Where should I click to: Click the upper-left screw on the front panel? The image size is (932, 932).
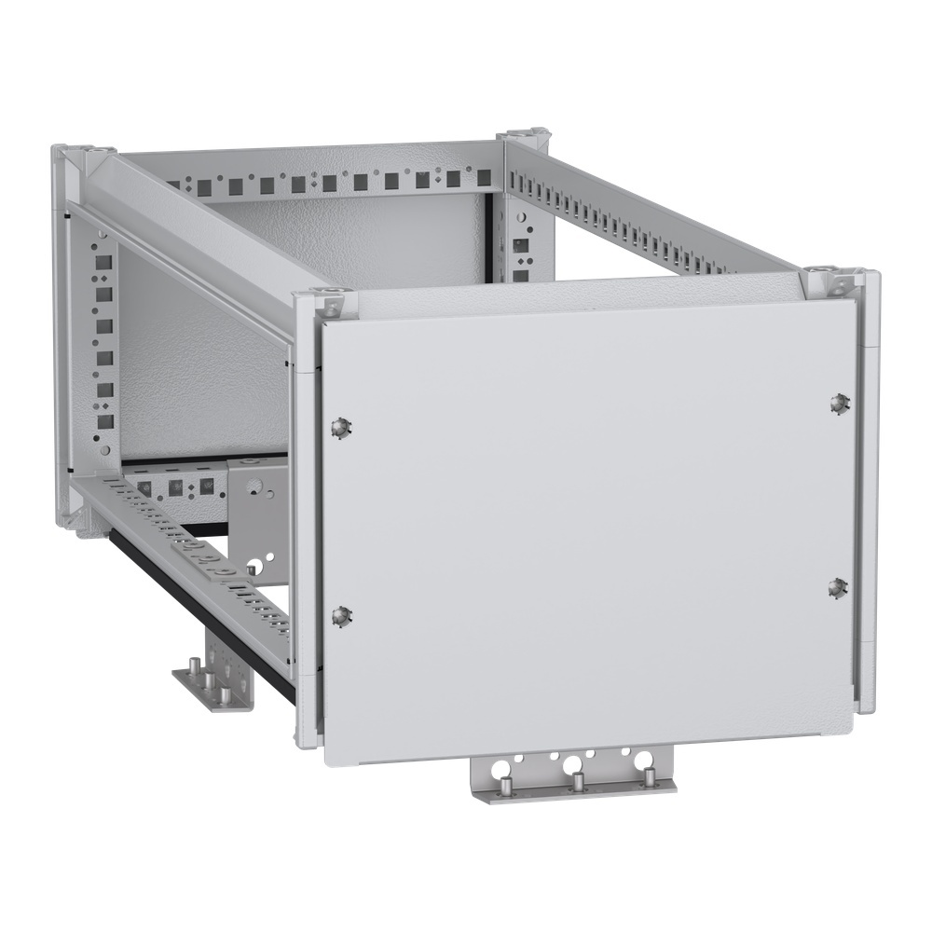coord(340,426)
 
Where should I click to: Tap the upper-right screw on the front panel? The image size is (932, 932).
coord(838,403)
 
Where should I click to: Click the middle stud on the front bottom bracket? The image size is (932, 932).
coord(577,782)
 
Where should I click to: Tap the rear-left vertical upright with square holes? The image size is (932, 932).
coord(103,345)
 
